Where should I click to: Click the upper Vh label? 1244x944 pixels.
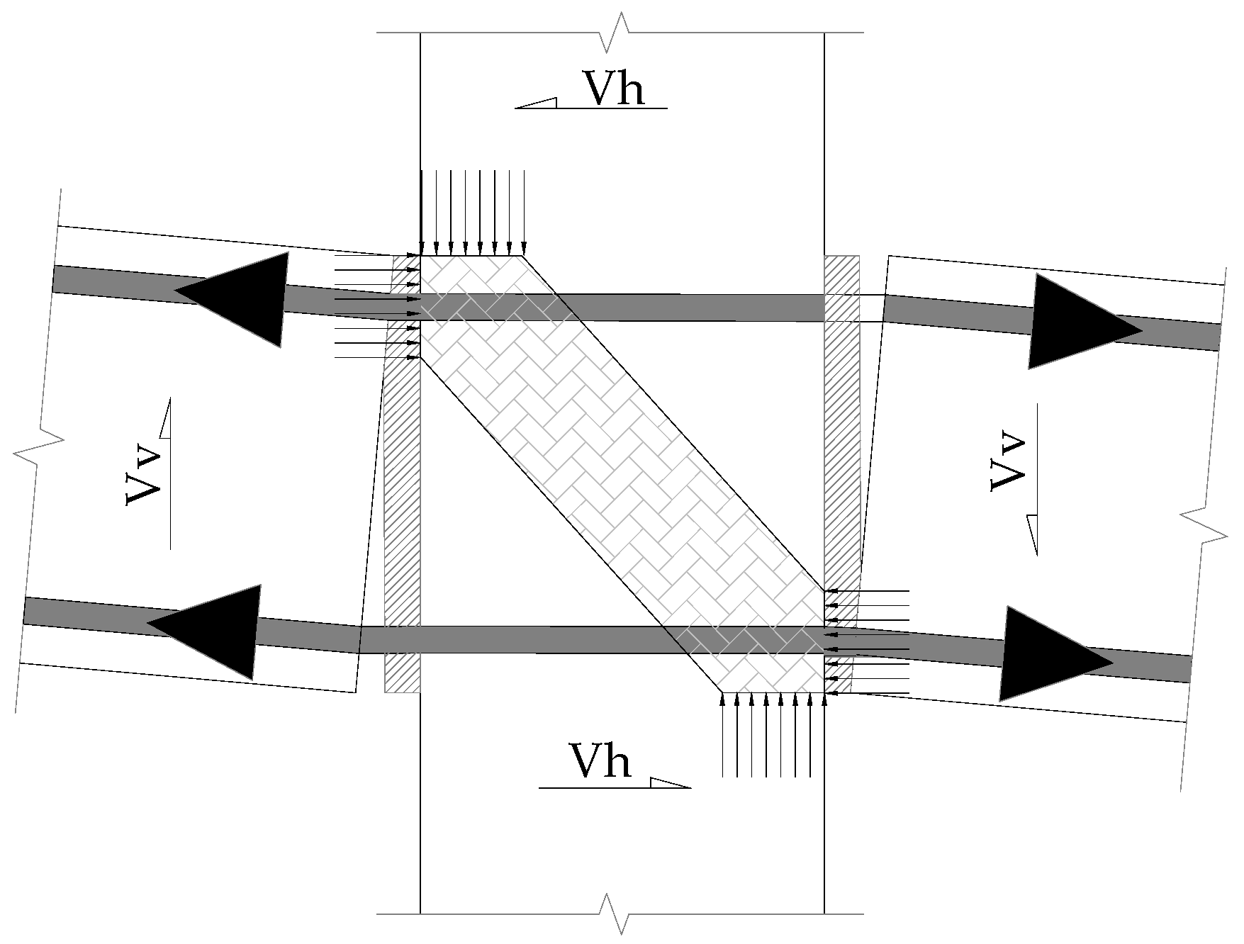(614, 88)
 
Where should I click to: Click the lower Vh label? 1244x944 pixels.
(600, 762)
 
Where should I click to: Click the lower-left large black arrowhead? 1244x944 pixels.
(208, 631)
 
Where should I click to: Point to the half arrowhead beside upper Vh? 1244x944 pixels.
(537, 103)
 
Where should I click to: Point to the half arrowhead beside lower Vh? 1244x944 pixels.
(669, 782)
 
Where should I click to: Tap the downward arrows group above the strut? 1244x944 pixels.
(472, 213)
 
